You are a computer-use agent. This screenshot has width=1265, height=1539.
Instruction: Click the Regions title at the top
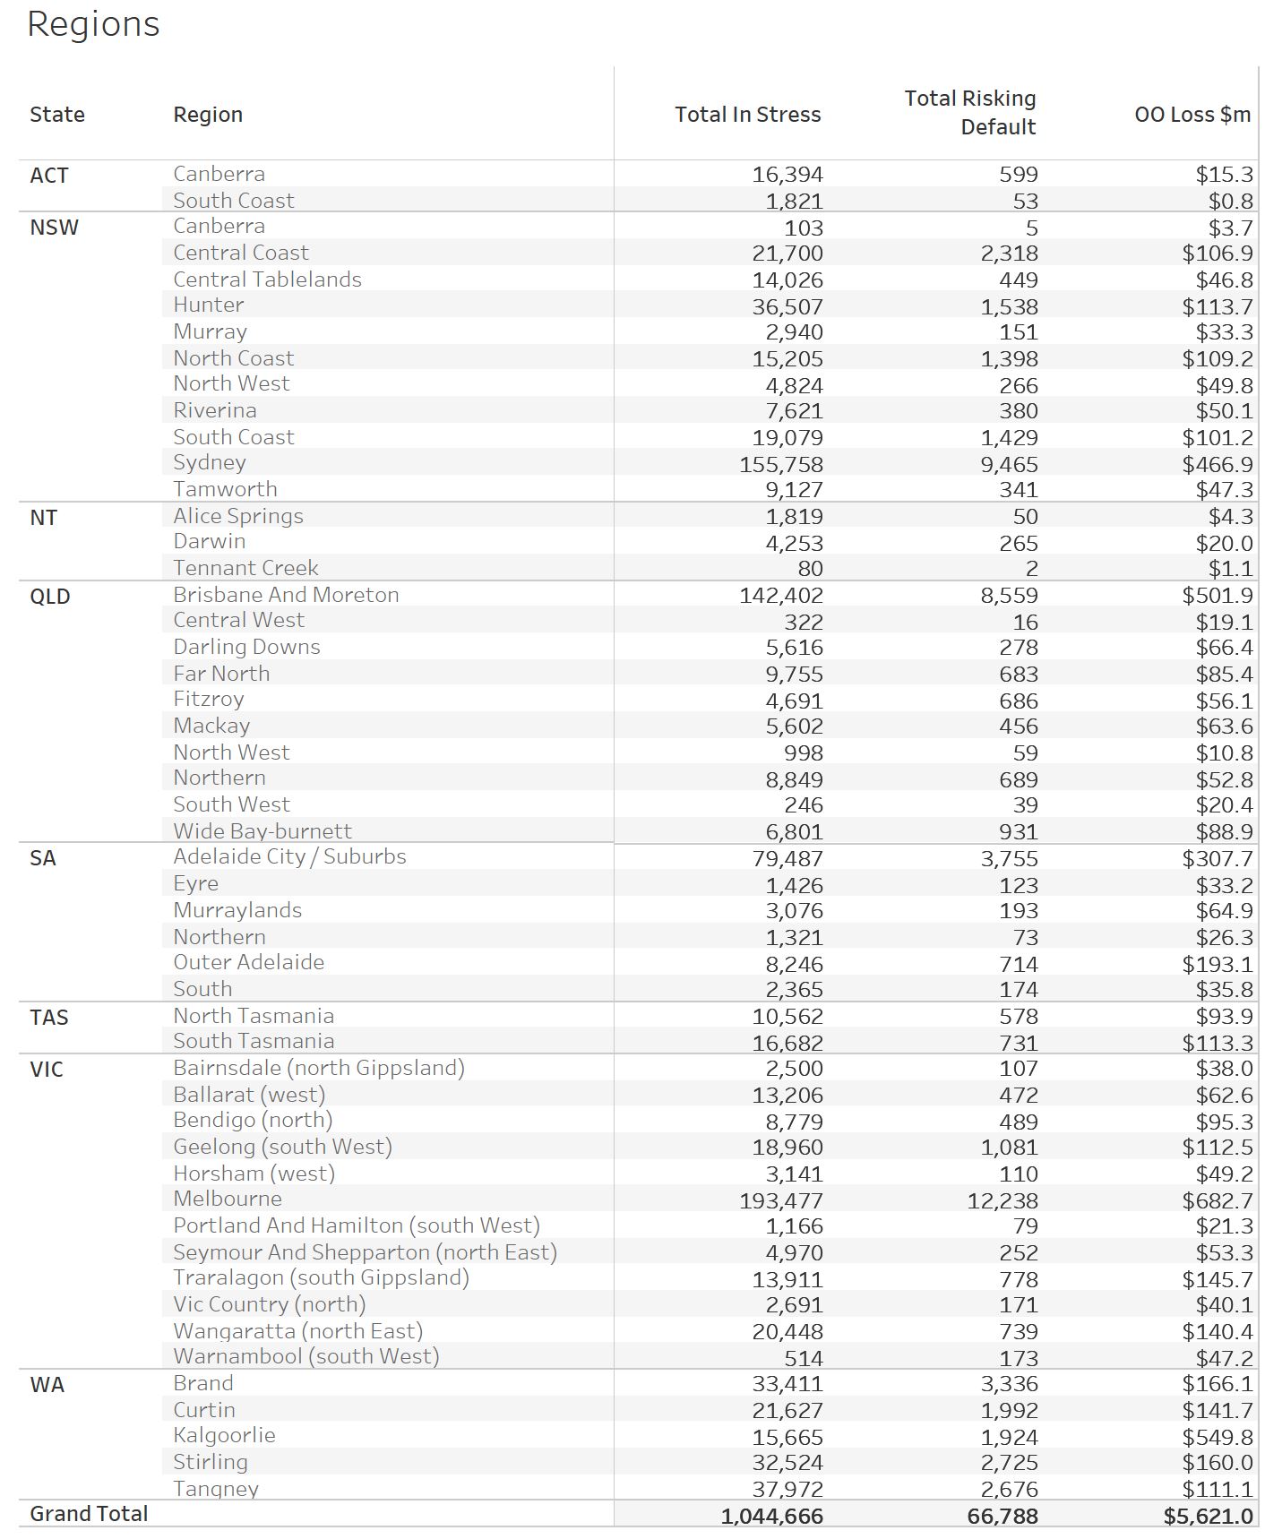pos(93,24)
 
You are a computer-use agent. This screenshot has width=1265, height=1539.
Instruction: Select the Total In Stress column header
pos(747,115)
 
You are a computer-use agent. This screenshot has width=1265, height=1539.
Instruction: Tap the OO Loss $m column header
pos(1192,115)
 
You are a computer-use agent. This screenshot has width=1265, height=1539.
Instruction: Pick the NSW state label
pos(54,228)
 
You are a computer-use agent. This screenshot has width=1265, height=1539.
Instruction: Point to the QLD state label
pos(50,597)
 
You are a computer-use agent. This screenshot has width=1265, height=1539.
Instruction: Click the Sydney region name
pos(210,463)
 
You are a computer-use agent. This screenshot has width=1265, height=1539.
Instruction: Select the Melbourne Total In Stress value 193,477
pos(780,1200)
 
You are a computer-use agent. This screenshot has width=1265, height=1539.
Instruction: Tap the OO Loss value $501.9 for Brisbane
pos(1217,596)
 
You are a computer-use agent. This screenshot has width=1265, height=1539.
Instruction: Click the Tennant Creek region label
pos(245,568)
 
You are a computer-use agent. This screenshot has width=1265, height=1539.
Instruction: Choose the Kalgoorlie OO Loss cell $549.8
pos(1217,1437)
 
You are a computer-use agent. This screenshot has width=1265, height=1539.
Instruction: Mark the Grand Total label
pos(89,1514)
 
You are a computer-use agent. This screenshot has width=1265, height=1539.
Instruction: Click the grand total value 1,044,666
pos(771,1516)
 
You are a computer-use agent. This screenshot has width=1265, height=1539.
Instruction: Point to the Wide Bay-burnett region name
pos(262,831)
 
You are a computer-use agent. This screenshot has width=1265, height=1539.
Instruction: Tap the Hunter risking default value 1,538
pos(1009,306)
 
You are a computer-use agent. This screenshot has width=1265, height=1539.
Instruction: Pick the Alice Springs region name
pos(238,517)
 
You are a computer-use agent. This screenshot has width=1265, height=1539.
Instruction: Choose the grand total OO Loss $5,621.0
pos(1208,1516)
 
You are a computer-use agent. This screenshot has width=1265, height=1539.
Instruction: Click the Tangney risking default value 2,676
pos(1009,1489)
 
